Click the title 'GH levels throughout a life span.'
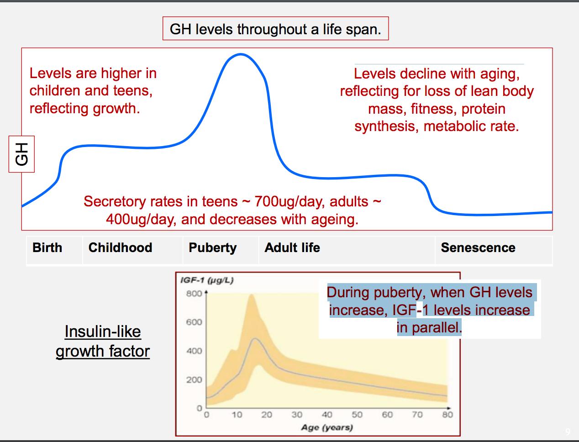click(x=275, y=29)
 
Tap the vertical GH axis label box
click(x=21, y=153)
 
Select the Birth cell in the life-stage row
click(x=47, y=248)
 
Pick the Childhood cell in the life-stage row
click(x=120, y=248)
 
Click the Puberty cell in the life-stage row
click(x=213, y=248)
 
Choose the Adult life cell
click(x=292, y=248)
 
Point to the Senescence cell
click(x=478, y=248)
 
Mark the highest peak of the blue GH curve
click(x=240, y=54)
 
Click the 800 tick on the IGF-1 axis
click(x=194, y=293)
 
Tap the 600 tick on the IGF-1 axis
click(x=194, y=322)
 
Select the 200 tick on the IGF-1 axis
click(x=194, y=380)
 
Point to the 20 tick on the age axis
click(x=267, y=415)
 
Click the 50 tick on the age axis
click(x=357, y=415)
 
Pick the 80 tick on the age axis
click(x=447, y=415)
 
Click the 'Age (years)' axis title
click(x=327, y=428)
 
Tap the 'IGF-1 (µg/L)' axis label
click(x=207, y=280)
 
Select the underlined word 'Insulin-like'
click(x=103, y=331)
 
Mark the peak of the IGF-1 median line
click(x=255, y=338)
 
